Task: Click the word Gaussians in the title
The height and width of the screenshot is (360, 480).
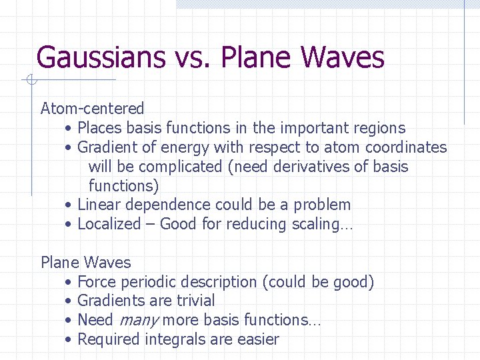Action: coord(100,57)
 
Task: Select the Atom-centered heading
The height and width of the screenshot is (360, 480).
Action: coord(92,108)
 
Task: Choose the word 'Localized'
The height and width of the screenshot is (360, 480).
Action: coord(109,224)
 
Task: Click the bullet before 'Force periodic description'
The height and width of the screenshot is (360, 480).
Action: coord(69,283)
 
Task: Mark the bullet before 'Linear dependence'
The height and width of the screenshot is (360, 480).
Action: coord(69,205)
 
